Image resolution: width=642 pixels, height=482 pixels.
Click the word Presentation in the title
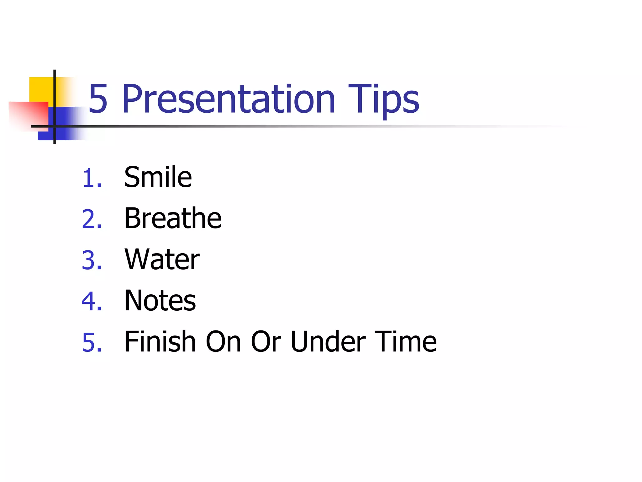[229, 99]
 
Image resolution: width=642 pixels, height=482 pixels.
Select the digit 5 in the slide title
[98, 99]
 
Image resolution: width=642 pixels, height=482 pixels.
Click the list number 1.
[92, 178]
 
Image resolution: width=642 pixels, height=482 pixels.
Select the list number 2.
[92, 219]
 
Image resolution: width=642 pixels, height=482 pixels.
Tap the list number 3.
[92, 260]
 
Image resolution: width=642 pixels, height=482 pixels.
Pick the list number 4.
[92, 301]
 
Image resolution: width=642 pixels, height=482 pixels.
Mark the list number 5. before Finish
[92, 342]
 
